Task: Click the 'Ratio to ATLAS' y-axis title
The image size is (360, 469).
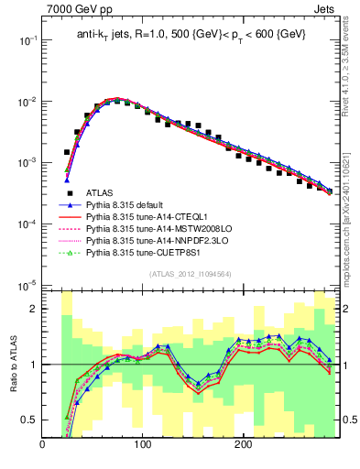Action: [x=12, y=365]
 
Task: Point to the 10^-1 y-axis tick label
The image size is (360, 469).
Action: [x=25, y=40]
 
